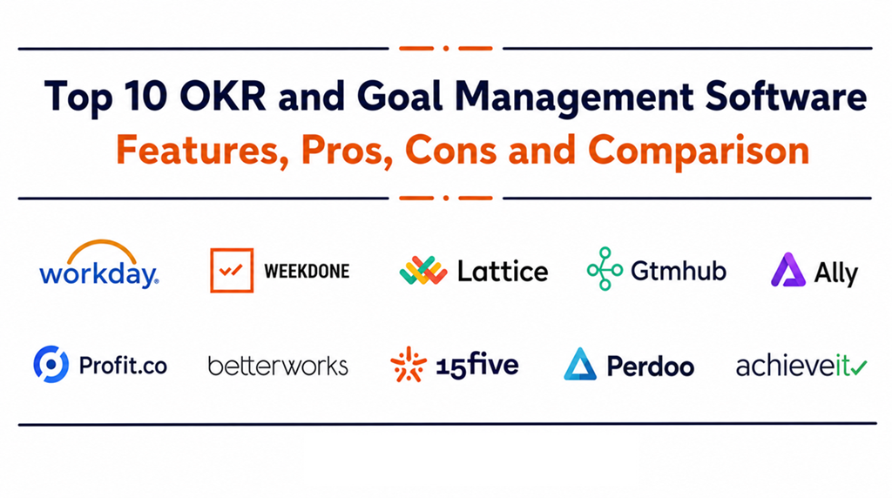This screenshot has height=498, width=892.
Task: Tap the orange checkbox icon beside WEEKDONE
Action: pos(232,270)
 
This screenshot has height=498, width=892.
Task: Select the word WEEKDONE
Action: pos(307,271)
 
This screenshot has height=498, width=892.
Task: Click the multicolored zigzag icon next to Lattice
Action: pos(422,270)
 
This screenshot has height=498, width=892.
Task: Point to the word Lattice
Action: pos(503,271)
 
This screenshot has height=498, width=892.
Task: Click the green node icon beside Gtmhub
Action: pos(605,269)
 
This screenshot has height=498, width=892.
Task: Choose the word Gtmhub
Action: pos(678,271)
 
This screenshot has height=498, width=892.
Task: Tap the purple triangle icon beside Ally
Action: pos(787,270)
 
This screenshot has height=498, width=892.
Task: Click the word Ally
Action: pos(835,273)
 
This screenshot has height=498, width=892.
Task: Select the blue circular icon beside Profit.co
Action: pos(51,364)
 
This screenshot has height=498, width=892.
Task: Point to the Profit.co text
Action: pos(123,365)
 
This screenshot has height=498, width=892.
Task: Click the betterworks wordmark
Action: pos(278,367)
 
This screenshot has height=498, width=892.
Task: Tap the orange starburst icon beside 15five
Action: pos(408,364)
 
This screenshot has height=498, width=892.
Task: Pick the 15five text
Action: pos(476,365)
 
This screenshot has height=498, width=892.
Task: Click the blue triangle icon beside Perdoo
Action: pos(580,364)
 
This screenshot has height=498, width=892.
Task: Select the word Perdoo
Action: pos(650,366)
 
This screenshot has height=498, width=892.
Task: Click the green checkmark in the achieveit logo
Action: pos(858,367)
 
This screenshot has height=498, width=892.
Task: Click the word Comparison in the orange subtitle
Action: pos(698,150)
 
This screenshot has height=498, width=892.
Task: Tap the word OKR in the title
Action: pos(222,96)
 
